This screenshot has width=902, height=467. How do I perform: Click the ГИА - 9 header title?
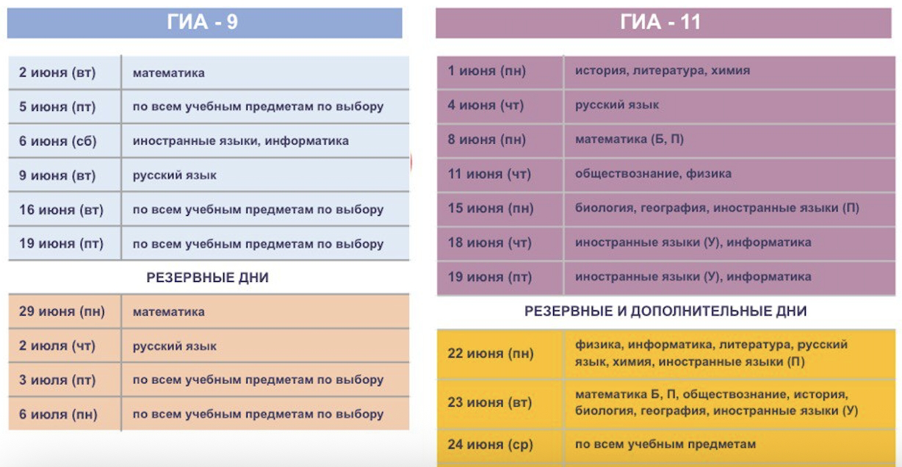pos(203,22)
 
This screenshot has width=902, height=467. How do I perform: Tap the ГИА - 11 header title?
pos(660,22)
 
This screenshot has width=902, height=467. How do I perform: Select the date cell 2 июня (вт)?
pos(57,73)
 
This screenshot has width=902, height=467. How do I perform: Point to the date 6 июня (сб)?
pos(57,141)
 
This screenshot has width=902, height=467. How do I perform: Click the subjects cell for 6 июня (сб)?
pos(241,141)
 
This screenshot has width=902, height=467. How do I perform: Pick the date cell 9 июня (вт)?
pos(57,175)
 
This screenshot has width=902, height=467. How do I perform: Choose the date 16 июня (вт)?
pos(61,209)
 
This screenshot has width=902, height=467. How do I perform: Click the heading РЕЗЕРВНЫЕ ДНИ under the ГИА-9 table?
pos(207,278)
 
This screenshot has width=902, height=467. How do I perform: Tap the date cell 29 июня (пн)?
pos(62,311)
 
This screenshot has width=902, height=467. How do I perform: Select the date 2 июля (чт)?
pos(57,345)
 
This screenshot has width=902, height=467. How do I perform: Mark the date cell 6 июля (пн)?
pos(58,414)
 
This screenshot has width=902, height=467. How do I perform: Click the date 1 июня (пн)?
pos(487,70)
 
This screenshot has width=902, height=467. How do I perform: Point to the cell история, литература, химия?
pos(663,70)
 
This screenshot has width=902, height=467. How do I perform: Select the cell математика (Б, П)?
pos(629,140)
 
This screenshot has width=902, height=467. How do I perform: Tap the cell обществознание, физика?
pos(653,173)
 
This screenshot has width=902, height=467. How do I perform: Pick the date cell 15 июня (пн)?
pos(491,208)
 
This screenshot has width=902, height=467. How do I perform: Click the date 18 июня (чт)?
pos(490,242)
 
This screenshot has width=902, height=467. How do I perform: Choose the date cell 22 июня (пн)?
pos(491,353)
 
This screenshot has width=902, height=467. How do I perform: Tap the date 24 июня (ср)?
pos(491,444)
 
